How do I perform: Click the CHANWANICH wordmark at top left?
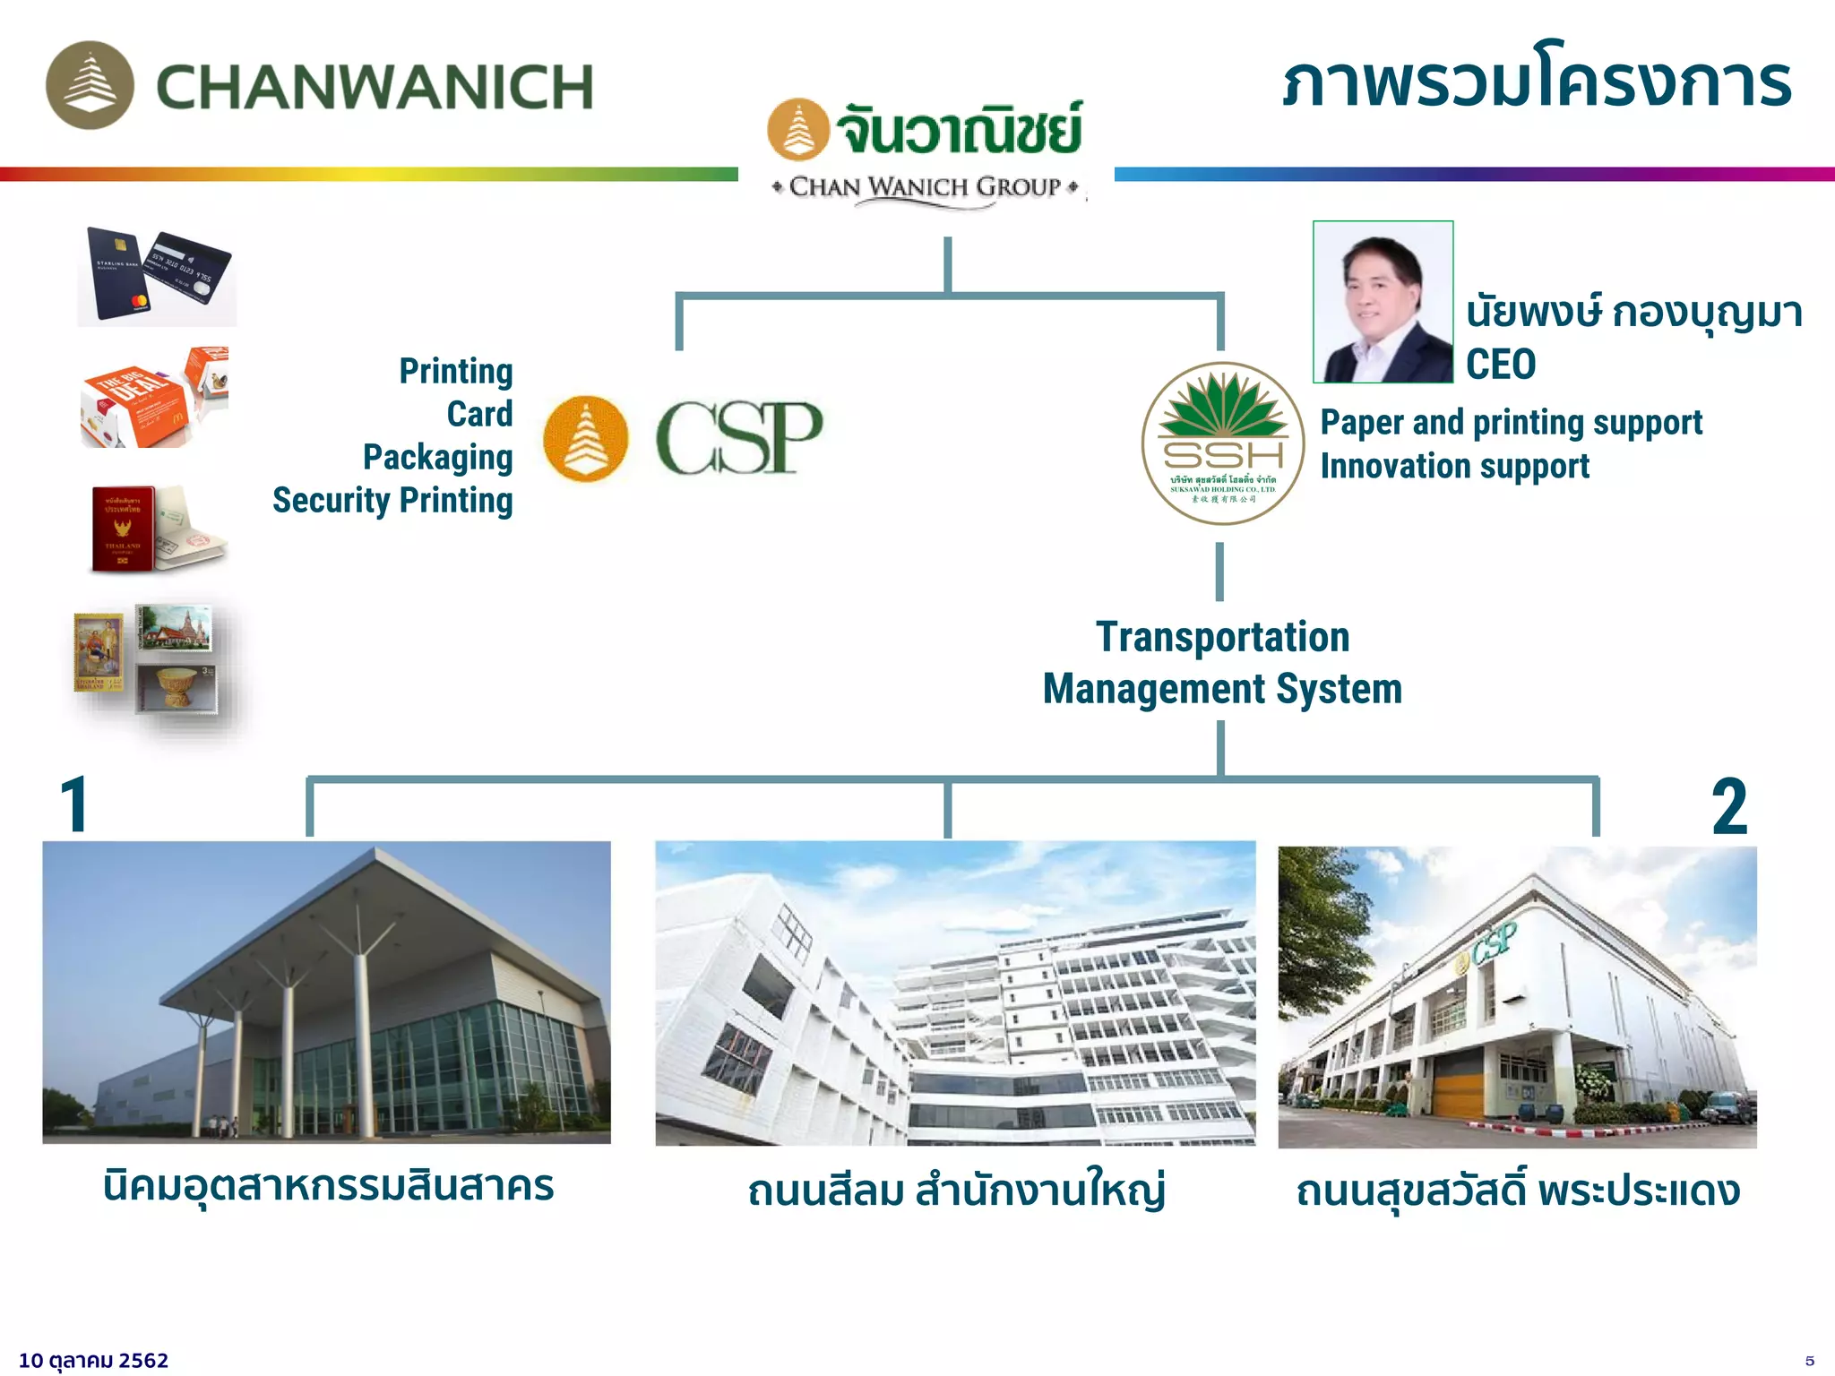pyautogui.click(x=375, y=87)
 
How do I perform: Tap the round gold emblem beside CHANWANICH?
pyautogui.click(x=90, y=85)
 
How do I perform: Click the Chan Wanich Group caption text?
pyautogui.click(x=926, y=187)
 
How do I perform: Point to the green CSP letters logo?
pyautogui.click(x=738, y=438)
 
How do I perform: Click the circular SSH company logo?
pyautogui.click(x=1222, y=443)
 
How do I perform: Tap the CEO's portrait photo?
pyautogui.click(x=1383, y=302)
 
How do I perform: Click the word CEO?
pyautogui.click(x=1501, y=365)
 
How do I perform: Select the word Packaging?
pyautogui.click(x=437, y=457)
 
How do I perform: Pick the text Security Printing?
pyautogui.click(x=392, y=500)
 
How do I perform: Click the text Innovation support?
pyautogui.click(x=1454, y=466)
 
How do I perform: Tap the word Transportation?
pyautogui.click(x=1222, y=637)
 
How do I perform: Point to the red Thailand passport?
pyautogui.click(x=123, y=529)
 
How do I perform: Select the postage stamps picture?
pyautogui.click(x=145, y=660)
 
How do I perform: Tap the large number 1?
pyautogui.click(x=74, y=805)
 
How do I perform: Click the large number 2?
pyautogui.click(x=1729, y=807)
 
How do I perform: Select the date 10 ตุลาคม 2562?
pyautogui.click(x=94, y=1360)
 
